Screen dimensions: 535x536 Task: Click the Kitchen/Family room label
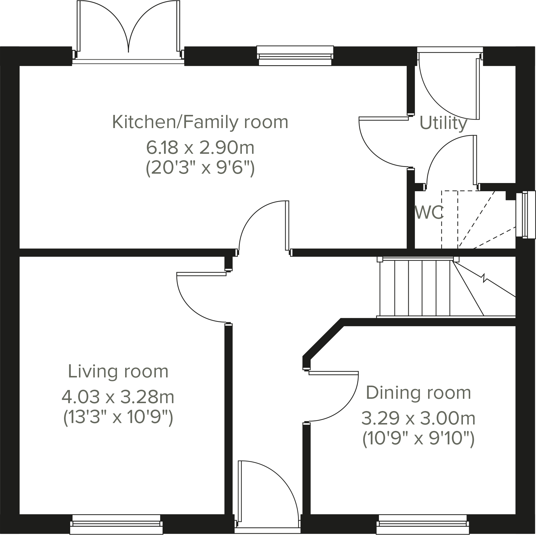pos(200,122)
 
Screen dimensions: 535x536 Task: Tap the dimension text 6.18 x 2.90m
pos(200,148)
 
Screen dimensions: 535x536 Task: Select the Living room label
pos(118,372)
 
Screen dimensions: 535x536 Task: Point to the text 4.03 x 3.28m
pos(118,397)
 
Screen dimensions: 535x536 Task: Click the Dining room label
pos(418,393)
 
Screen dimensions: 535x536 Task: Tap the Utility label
pos(443,123)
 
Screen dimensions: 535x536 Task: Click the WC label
pos(429,213)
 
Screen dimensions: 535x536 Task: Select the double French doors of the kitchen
pos(128,29)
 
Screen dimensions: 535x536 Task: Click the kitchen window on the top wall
pos(295,56)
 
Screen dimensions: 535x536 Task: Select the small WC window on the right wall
pos(525,215)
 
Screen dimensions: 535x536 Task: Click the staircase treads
pos(415,288)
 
